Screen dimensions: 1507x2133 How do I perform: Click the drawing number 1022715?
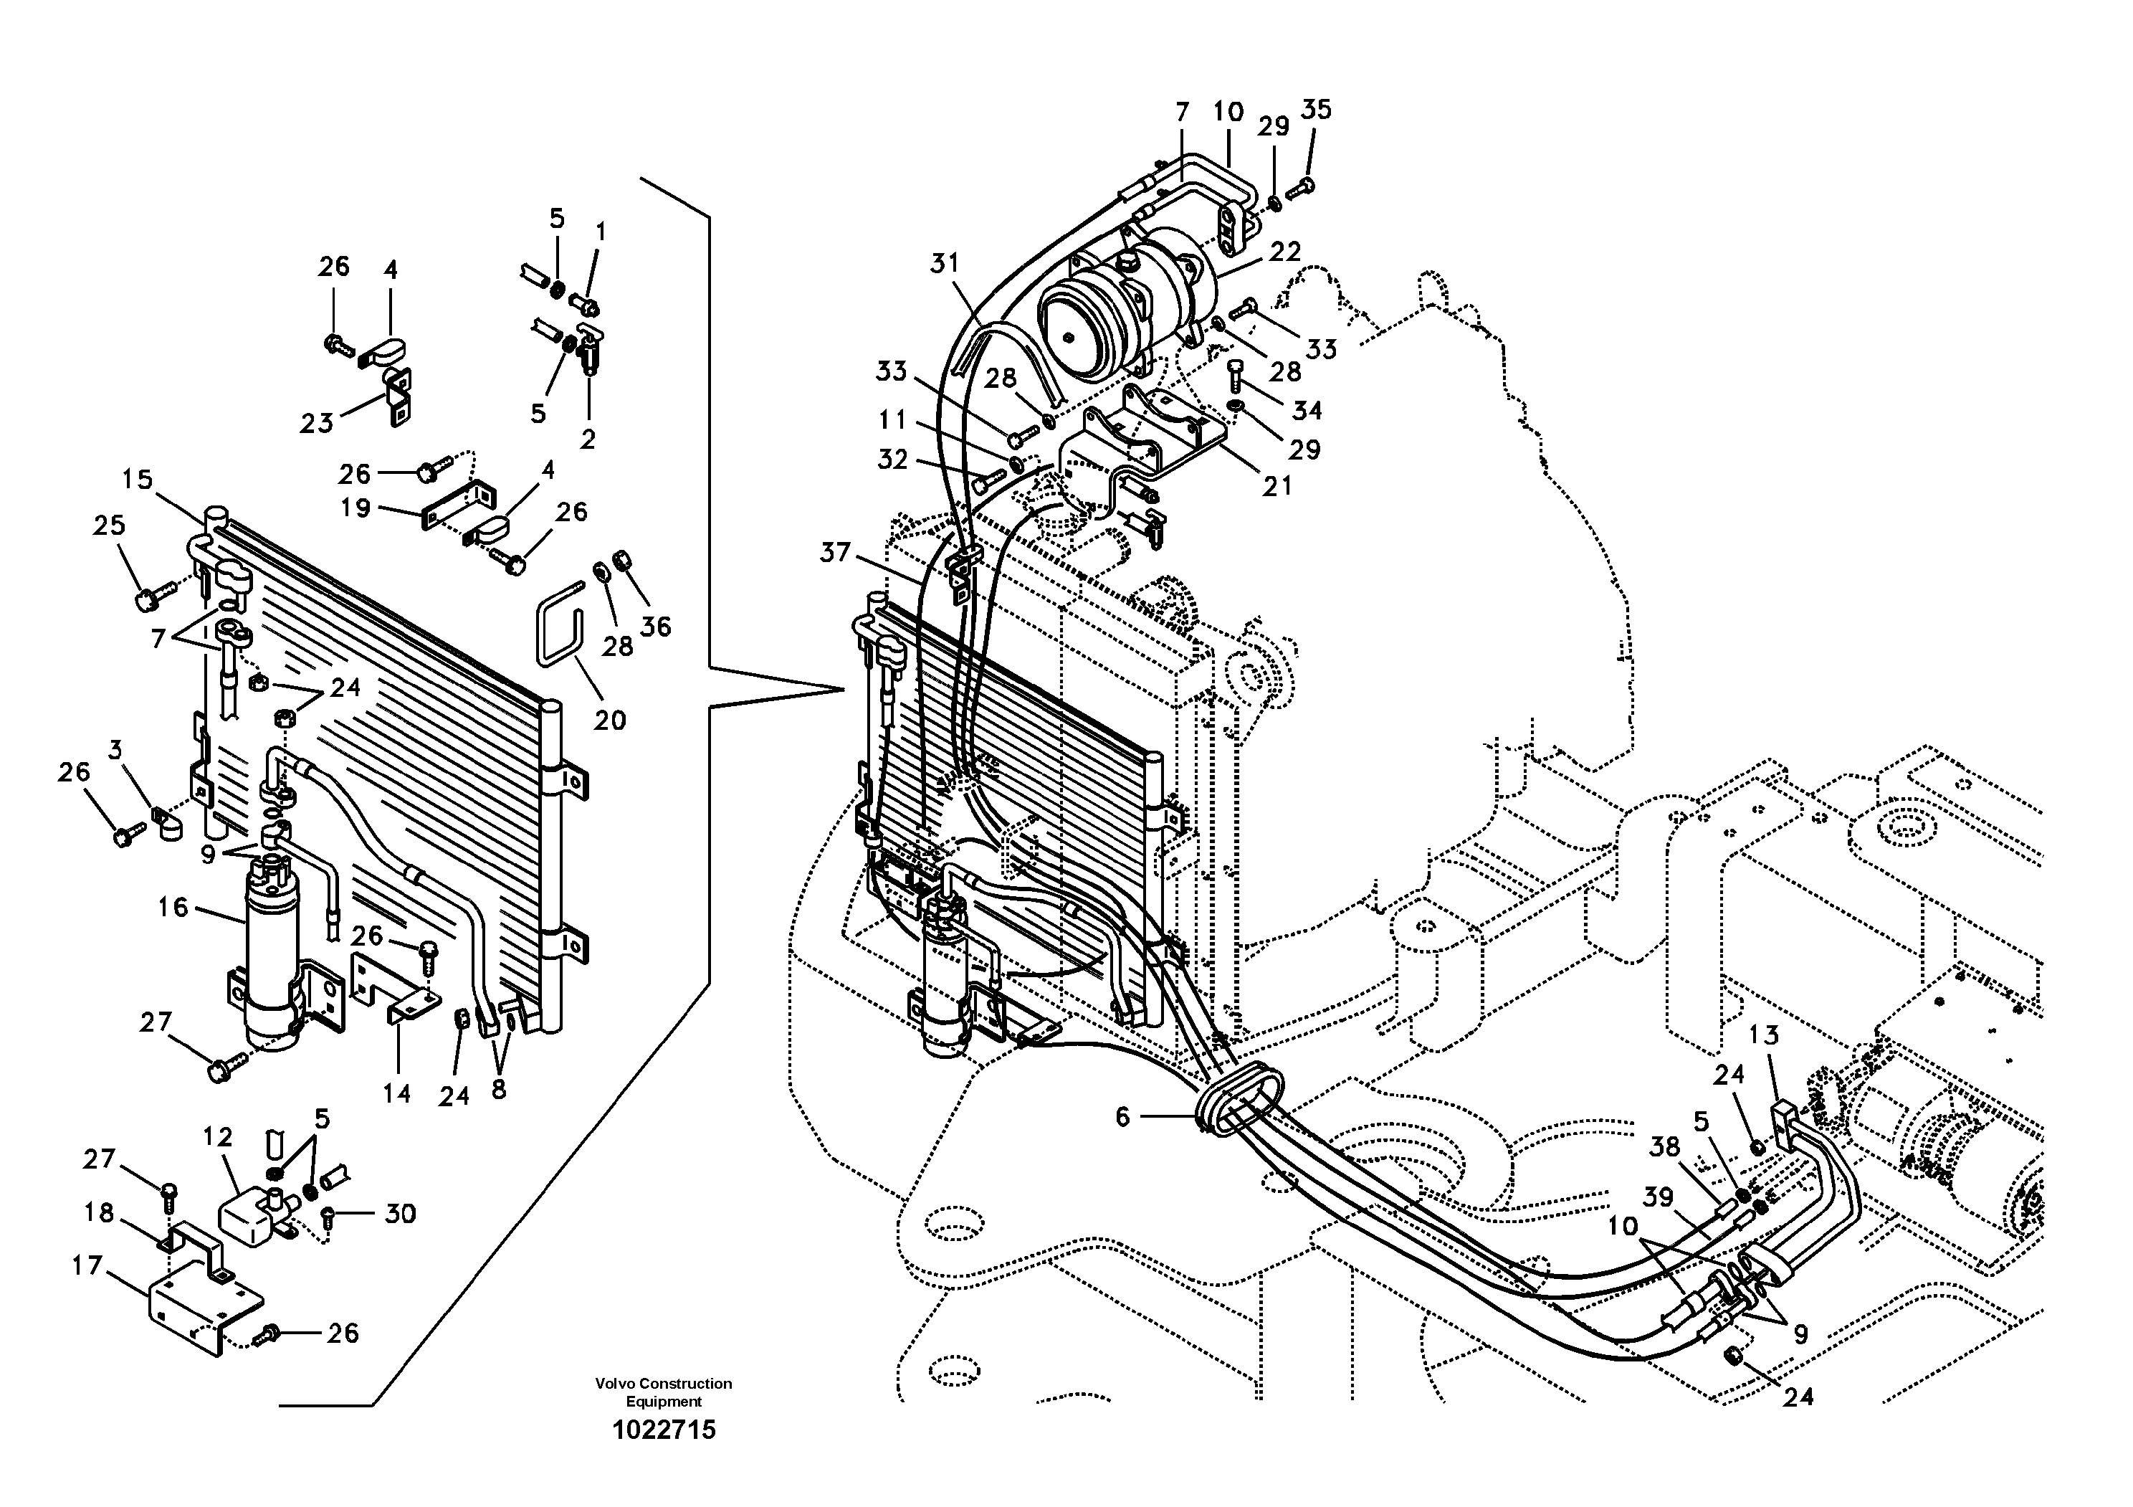(663, 1430)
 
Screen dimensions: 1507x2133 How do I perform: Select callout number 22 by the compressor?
(1285, 252)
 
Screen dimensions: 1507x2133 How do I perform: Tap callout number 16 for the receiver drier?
(173, 907)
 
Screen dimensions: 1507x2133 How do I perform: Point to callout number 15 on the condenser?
(137, 480)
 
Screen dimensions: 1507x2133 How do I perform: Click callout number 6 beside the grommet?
(1122, 1117)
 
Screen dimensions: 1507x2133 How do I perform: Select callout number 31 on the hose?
(944, 264)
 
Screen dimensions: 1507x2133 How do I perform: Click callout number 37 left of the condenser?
(834, 553)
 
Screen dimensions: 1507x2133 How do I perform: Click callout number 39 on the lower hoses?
(1659, 1197)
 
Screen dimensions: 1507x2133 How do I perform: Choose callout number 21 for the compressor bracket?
(1277, 486)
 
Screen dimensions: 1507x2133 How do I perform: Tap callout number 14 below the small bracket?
(396, 1093)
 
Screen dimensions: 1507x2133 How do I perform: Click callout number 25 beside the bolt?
(109, 525)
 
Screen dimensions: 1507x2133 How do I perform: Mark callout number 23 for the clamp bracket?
(316, 424)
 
